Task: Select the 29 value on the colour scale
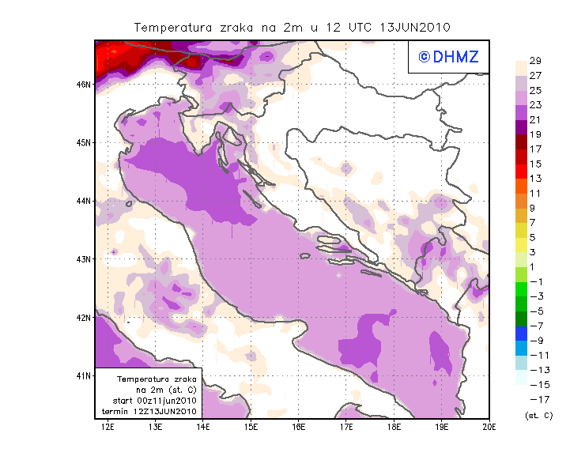click(535, 61)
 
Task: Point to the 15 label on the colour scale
click(535, 164)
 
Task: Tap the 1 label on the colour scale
click(531, 267)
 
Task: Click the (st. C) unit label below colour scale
click(538, 415)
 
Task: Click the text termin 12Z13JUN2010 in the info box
click(150, 412)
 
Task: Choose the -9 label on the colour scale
click(535, 341)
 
